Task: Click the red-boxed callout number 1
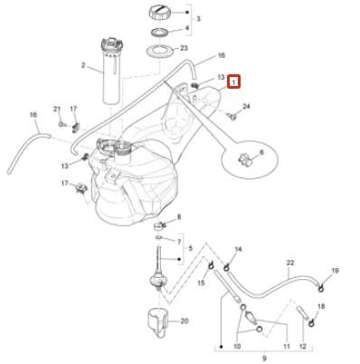pyautogui.click(x=233, y=81)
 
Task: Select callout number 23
pyautogui.click(x=185, y=49)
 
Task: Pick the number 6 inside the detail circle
pyautogui.click(x=261, y=154)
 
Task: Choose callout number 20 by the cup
pyautogui.click(x=184, y=321)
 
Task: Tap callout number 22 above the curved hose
pyautogui.click(x=290, y=263)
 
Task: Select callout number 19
pyautogui.click(x=335, y=270)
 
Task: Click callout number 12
pyautogui.click(x=303, y=347)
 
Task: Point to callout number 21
pyautogui.click(x=56, y=110)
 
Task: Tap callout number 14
pyautogui.click(x=239, y=250)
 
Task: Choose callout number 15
pyautogui.click(x=202, y=283)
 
